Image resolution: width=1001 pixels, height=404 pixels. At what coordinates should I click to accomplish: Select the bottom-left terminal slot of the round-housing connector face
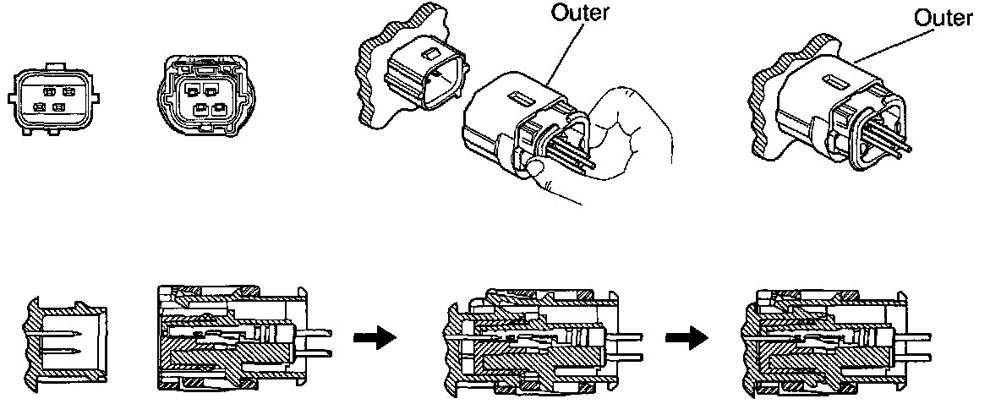(x=200, y=108)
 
